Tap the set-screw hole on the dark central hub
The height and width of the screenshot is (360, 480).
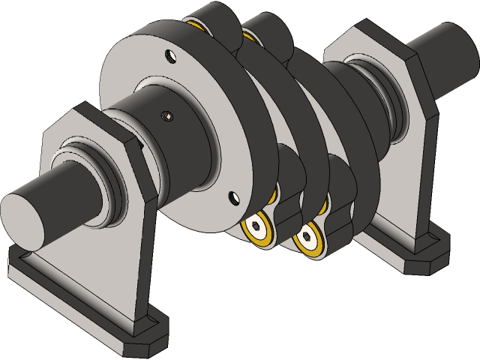click(x=167, y=115)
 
